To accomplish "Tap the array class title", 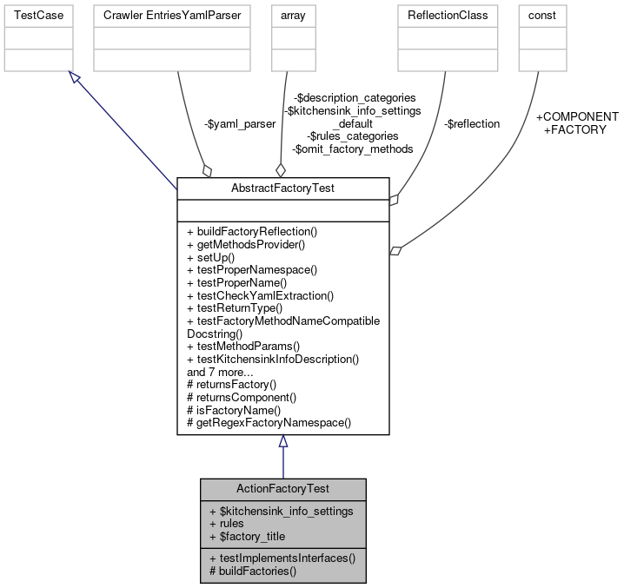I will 285,16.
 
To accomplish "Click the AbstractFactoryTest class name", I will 282,188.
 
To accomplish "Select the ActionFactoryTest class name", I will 282,489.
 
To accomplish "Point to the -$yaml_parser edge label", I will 240,124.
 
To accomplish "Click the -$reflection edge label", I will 472,124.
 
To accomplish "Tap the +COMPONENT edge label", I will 577,116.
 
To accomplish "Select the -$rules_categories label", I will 352,136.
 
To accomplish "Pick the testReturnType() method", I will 235,307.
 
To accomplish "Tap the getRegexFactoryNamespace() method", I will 269,423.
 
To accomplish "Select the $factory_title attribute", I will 247,537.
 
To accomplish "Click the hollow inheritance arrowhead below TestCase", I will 74,80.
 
